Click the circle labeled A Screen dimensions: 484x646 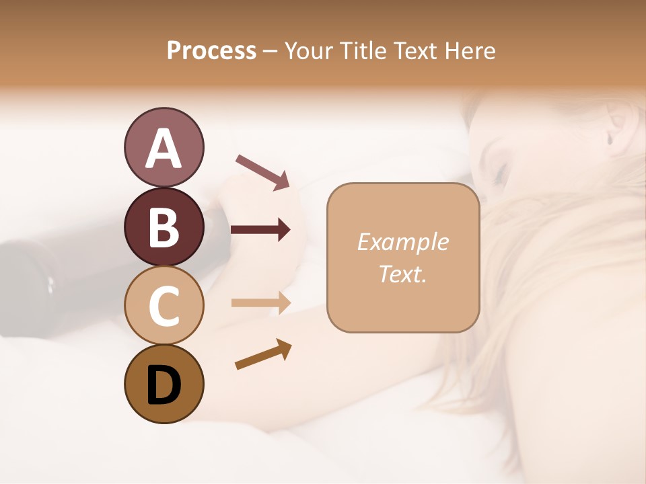(164, 147)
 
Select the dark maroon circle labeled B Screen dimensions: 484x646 (164, 227)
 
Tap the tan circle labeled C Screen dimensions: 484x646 (164, 305)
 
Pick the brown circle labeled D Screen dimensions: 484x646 (164, 384)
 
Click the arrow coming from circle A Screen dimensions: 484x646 (262, 171)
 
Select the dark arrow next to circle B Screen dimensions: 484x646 (260, 230)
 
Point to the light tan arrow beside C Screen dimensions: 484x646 (260, 302)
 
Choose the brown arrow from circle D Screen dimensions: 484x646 (263, 355)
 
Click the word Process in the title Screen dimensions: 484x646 (211, 50)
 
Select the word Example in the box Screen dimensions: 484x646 (402, 242)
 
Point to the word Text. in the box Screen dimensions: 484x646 (402, 274)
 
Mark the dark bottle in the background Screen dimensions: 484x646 (40, 282)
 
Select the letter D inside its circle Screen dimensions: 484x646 (164, 385)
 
